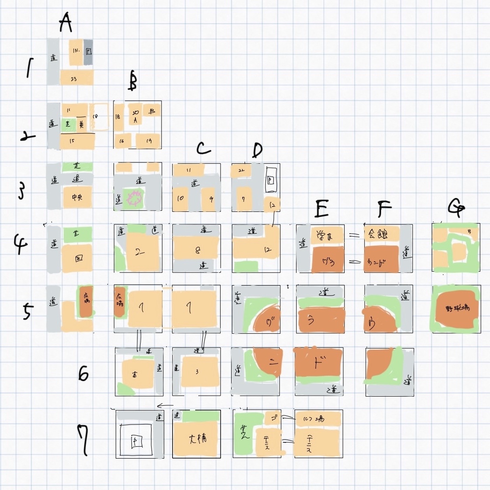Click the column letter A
[x=66, y=23]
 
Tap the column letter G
[x=456, y=208]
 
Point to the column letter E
[x=321, y=209]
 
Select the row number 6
[x=83, y=373]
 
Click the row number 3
[x=21, y=191]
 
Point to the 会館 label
[x=378, y=234]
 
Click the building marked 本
[x=136, y=374]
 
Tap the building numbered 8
[x=197, y=250]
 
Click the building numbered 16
[x=122, y=141]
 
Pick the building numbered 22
[x=241, y=171]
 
